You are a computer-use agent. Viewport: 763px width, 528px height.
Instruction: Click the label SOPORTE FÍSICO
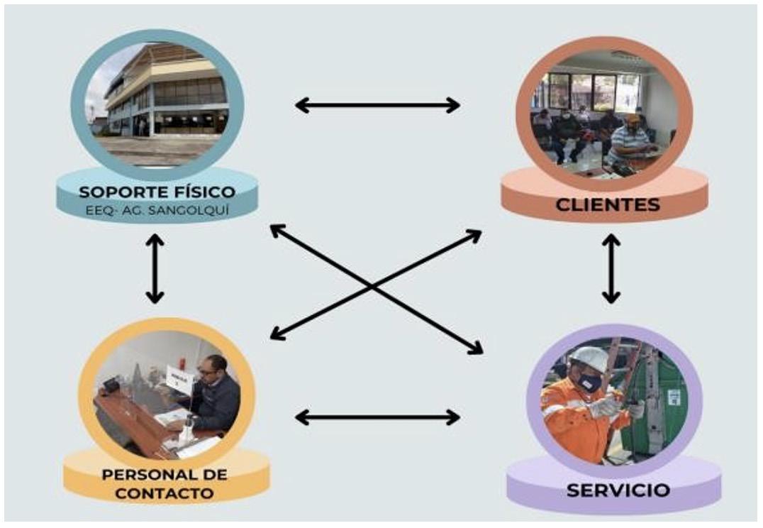pyautogui.click(x=157, y=192)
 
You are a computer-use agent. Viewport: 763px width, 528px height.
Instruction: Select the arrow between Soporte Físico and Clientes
pyautogui.click(x=377, y=106)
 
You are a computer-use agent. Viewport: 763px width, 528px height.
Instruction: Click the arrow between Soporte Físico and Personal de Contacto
pyautogui.click(x=155, y=268)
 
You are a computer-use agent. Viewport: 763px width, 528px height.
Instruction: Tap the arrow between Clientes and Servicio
pyautogui.click(x=611, y=268)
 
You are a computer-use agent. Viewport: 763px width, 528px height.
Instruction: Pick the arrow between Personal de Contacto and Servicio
pyautogui.click(x=377, y=417)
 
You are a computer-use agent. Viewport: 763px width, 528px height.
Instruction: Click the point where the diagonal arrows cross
pyautogui.click(x=373, y=286)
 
